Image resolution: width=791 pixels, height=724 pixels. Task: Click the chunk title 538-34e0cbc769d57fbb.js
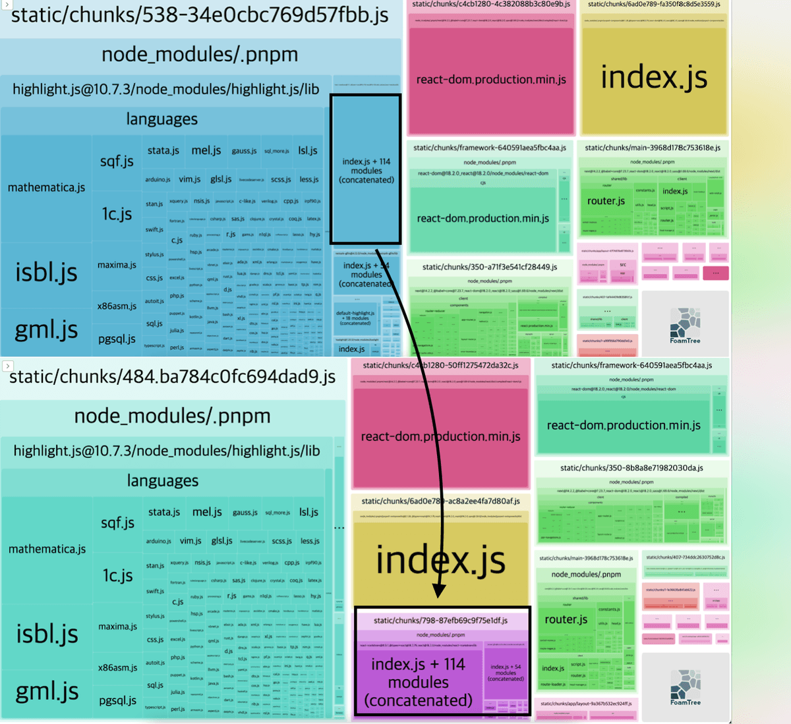pos(199,14)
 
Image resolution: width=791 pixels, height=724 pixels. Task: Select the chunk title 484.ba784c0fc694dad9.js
pos(173,377)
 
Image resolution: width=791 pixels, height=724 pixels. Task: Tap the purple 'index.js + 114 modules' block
pos(419,682)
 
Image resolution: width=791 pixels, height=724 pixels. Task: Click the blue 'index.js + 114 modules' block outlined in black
pos(366,170)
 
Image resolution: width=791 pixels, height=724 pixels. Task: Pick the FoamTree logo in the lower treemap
pos(685,687)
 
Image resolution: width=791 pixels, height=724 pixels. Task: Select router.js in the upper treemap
pos(606,201)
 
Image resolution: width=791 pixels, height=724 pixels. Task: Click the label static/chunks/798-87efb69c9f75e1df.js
pos(440,620)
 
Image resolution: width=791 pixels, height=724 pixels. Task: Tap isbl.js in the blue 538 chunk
pos(46,272)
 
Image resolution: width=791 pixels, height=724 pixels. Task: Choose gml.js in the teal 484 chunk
pos(47,691)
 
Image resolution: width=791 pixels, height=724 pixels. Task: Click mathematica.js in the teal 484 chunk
pos(47,549)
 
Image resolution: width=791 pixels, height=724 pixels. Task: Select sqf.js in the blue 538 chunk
pos(117,161)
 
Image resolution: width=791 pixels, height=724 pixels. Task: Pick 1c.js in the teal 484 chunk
pos(117,575)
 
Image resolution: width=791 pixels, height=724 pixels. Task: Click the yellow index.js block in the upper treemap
pos(654,77)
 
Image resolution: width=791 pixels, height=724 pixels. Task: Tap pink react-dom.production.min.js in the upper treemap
pos(491,80)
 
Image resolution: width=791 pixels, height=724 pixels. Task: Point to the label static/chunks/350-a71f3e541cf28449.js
pos(490,267)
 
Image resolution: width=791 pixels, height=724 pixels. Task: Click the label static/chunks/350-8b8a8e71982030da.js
pos(631,468)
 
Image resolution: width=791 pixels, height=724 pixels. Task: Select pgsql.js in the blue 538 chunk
pos(117,339)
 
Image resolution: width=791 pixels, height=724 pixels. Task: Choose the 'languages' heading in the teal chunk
pos(162,481)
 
